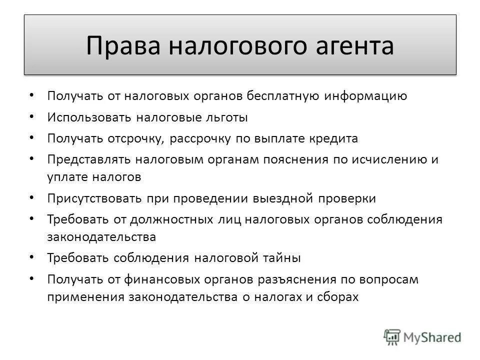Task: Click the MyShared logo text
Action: [433, 337]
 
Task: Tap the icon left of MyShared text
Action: [392, 336]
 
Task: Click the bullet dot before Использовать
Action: [32, 115]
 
